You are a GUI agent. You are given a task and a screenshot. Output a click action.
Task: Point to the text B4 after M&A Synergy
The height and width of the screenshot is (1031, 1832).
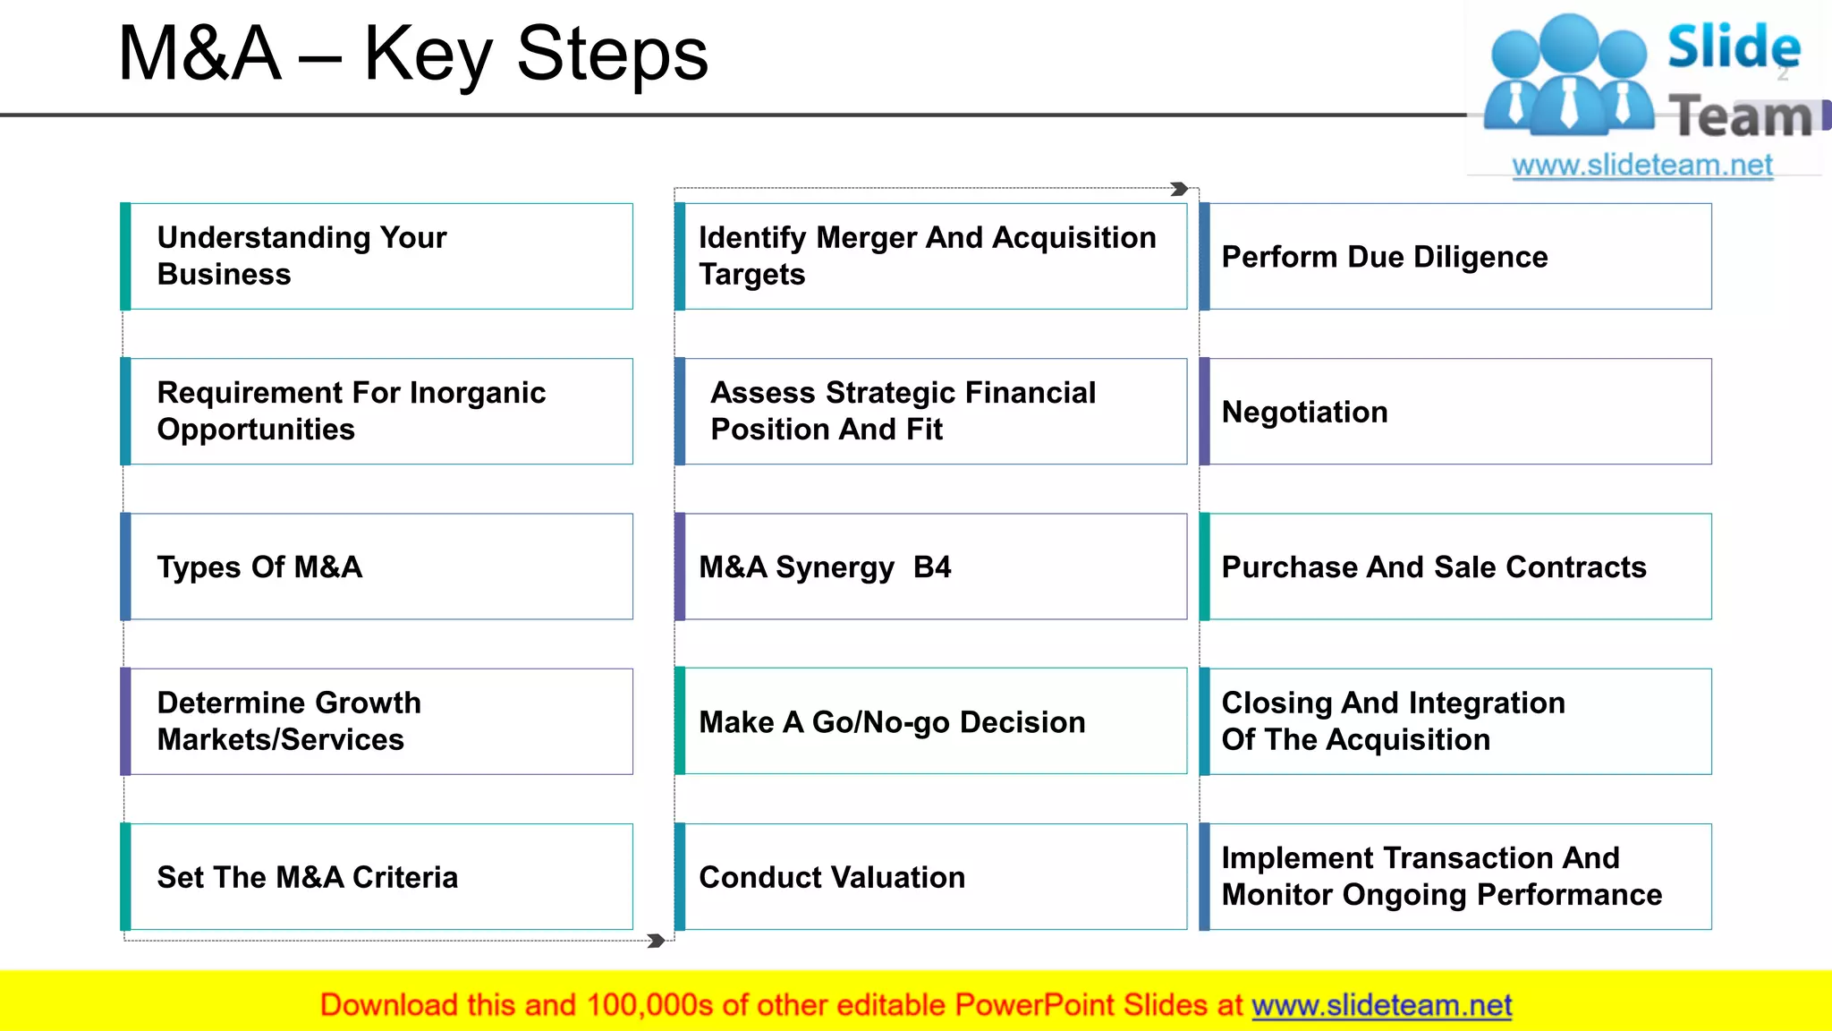932,567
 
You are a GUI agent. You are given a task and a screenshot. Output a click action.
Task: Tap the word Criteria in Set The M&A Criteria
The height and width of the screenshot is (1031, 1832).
405,877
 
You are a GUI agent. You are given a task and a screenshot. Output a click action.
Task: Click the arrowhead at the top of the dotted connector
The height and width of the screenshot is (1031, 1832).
1180,189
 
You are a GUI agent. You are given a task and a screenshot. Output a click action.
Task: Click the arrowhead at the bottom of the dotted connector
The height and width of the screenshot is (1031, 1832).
656,941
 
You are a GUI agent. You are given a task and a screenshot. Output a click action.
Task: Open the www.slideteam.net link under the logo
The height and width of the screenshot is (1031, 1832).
1642,166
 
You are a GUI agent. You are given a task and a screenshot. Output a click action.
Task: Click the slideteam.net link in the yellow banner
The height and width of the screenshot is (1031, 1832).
1381,1005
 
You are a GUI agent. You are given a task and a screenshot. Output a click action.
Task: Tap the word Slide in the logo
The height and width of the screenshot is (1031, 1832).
1733,47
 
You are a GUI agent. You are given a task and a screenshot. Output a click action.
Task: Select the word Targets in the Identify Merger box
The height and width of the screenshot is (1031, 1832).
751,275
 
